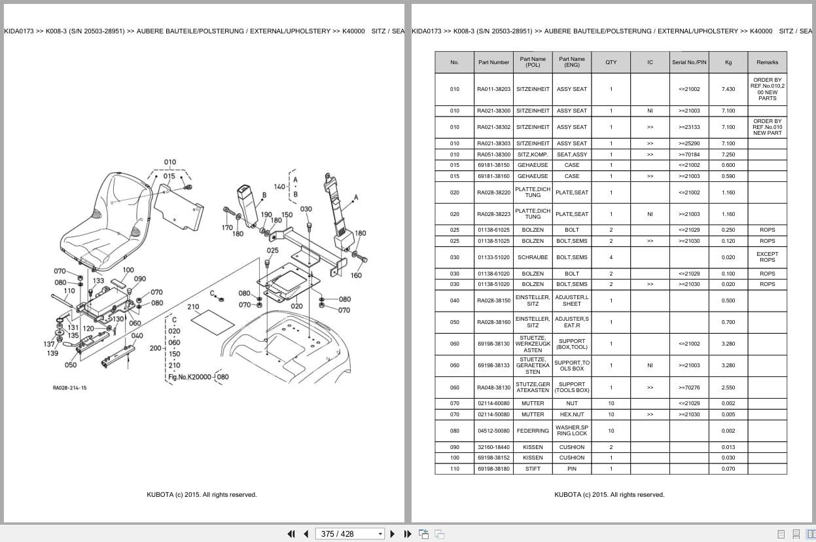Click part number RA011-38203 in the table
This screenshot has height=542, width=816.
pos(493,89)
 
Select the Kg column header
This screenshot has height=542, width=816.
pos(728,62)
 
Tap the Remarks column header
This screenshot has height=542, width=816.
pos(767,62)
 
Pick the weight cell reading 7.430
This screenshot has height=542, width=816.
pos(728,89)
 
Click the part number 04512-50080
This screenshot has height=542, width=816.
pos(493,431)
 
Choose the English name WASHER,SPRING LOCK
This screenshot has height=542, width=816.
pos(571,431)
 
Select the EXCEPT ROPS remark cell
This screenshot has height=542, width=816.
pos(767,257)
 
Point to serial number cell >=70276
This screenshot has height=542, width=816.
pos(688,388)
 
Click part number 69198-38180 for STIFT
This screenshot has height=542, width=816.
pos(493,469)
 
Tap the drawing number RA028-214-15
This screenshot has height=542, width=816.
pos(69,388)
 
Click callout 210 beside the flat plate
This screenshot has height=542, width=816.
pos(193,306)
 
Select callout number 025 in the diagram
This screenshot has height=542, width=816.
pos(272,251)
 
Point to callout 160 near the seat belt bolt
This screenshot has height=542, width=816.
pos(356,276)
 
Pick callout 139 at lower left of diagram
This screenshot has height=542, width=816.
pos(52,353)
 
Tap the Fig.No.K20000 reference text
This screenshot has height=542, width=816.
pos(190,377)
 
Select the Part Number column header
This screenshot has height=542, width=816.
pos(493,62)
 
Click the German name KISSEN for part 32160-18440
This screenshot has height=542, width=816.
pos(533,447)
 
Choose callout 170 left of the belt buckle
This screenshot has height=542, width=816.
pos(226,228)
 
